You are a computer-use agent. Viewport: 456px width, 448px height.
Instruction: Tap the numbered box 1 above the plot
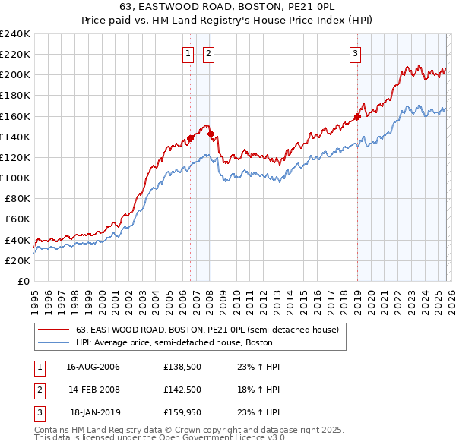(188, 53)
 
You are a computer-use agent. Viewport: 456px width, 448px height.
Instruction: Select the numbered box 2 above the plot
(208, 53)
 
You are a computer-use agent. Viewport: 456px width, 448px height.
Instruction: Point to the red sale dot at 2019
(357, 117)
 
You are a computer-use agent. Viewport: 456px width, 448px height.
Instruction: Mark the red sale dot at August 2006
(191, 138)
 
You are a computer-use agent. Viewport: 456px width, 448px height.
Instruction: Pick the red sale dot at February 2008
(211, 134)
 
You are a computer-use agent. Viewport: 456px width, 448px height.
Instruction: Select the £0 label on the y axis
(23, 281)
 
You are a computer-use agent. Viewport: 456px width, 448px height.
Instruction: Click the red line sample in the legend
(53, 330)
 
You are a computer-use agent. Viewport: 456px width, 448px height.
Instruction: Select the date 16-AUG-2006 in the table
(93, 367)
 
